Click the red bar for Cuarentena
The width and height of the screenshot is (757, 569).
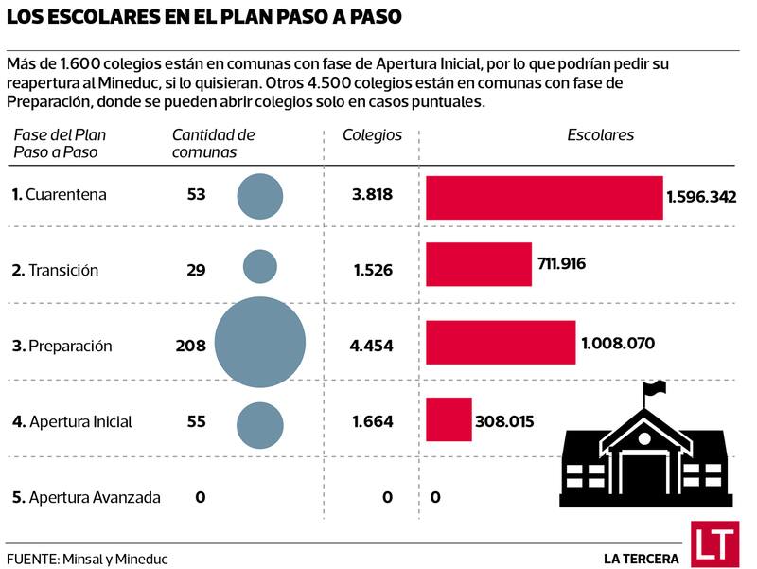(544, 197)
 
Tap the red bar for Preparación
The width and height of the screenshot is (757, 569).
(501, 342)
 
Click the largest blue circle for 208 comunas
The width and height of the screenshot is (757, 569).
(260, 343)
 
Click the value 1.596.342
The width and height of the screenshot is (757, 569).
(701, 197)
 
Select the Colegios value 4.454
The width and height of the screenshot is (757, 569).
(371, 346)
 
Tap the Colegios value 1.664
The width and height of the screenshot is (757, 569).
(372, 421)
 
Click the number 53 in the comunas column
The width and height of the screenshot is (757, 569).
(197, 195)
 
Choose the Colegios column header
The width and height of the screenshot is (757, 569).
(372, 135)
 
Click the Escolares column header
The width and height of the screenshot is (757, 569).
(600, 135)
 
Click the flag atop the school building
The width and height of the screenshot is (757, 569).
(655, 388)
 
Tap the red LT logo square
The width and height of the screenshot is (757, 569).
(713, 543)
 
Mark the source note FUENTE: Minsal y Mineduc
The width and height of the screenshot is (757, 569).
(79, 558)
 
